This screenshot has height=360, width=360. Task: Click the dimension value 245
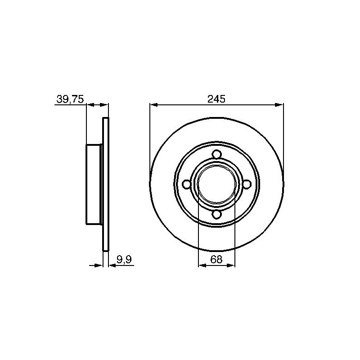216,99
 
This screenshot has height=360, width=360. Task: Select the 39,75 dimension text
70,99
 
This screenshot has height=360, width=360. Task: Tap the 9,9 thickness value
124,260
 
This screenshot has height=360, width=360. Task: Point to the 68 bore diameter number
216,260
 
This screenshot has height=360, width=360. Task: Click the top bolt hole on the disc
216,154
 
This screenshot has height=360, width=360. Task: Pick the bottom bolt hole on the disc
216,214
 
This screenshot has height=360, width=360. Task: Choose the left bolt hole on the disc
186,184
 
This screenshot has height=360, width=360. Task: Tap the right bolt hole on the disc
247,184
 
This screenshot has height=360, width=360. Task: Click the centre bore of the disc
216,184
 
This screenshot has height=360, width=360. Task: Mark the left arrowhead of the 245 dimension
153,105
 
